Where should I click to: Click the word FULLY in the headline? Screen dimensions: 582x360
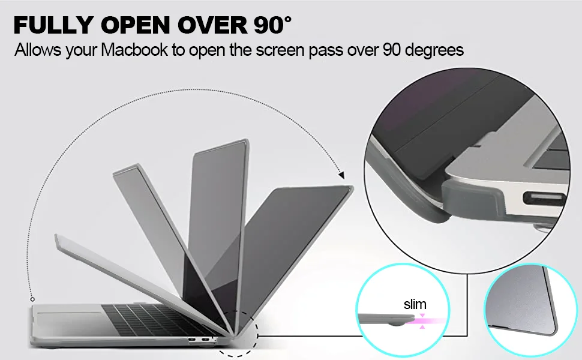tap(53, 25)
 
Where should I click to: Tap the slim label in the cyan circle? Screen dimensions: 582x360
tap(415, 304)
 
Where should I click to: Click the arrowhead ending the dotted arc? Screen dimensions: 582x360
tap(341, 176)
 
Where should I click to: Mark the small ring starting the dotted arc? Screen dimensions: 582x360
tap(32, 299)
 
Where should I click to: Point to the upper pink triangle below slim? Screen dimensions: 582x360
tap(422, 314)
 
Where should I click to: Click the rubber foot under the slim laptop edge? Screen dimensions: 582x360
tap(395, 325)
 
